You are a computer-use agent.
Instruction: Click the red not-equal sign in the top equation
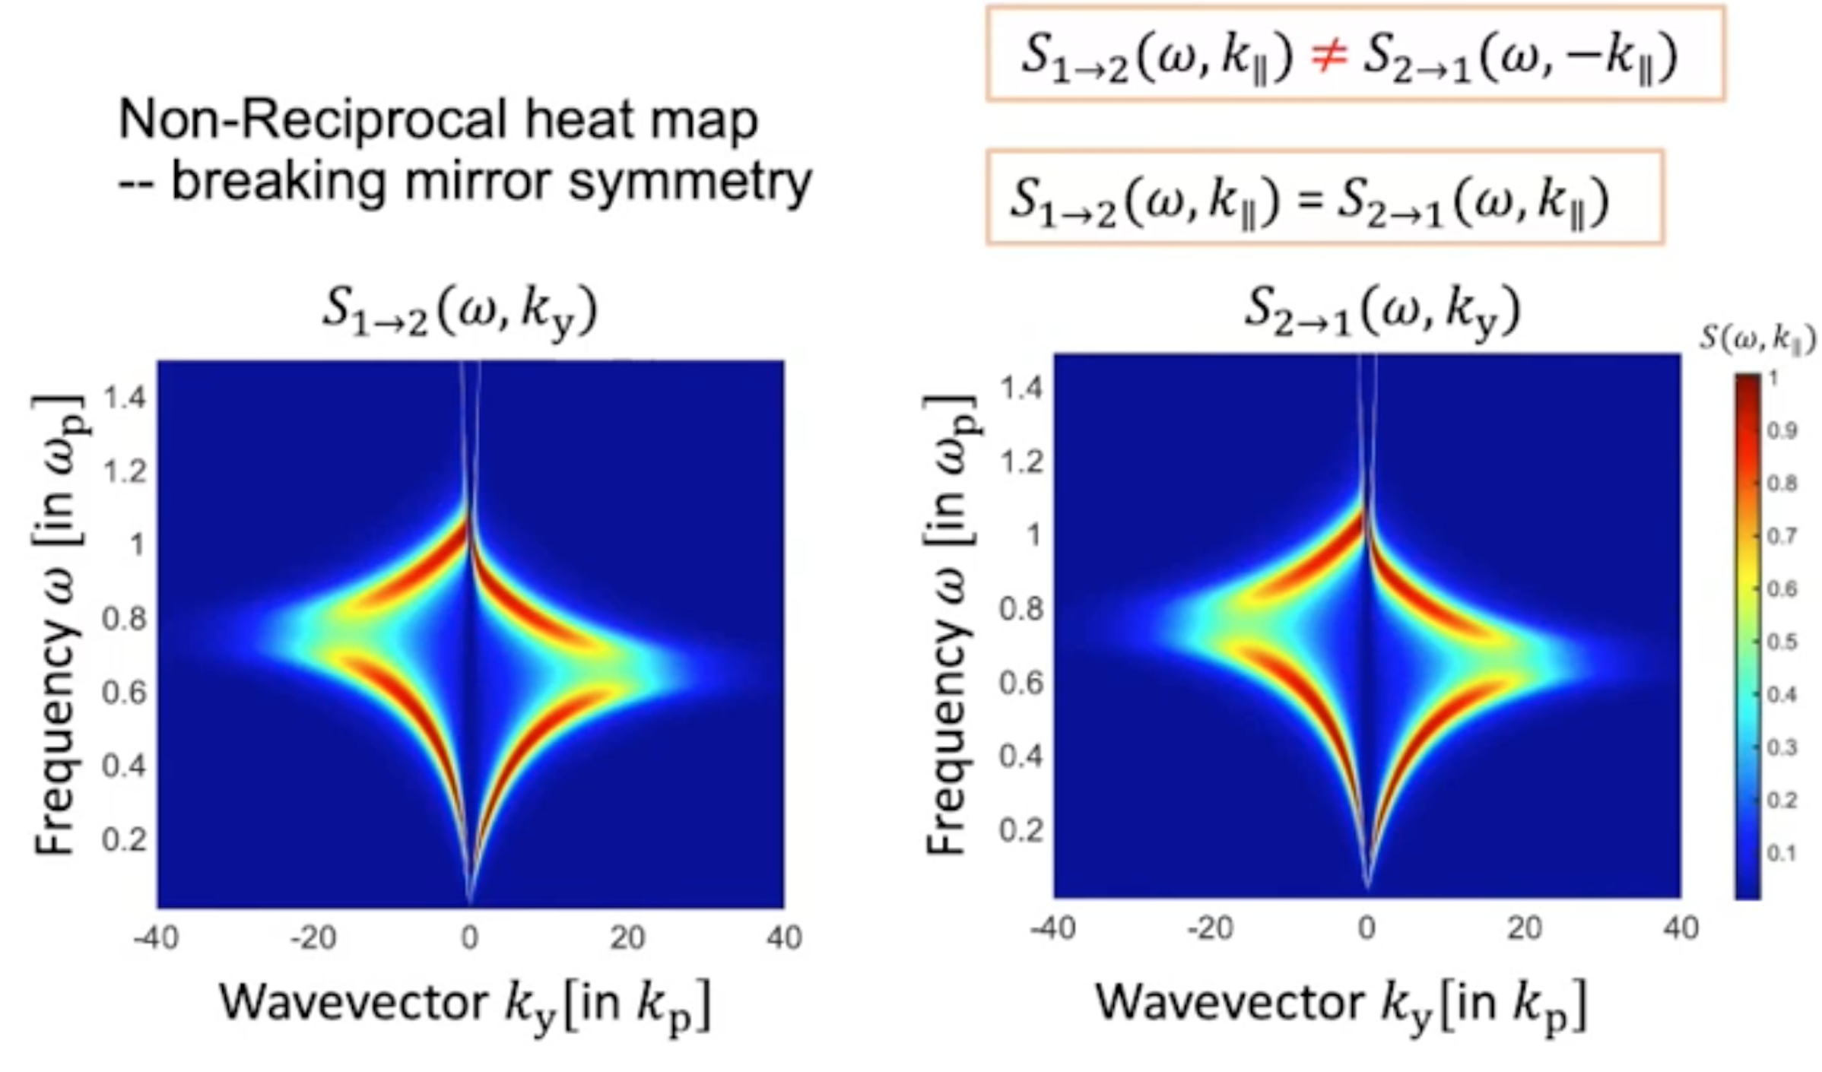[x=1328, y=56]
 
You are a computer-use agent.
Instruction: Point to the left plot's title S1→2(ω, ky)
[x=460, y=312]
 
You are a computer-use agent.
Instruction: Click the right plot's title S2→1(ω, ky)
[x=1382, y=312]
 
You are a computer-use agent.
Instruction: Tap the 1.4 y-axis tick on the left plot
[x=125, y=398]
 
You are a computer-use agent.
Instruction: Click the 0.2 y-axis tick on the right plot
[x=1021, y=829]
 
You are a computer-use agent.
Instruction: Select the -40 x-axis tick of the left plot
[x=156, y=938]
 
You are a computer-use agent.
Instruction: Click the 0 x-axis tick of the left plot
[x=470, y=938]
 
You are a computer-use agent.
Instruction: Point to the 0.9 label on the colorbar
[x=1782, y=431]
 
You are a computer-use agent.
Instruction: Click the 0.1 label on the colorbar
[x=1782, y=854]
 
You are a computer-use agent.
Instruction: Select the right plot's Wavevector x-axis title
[x=1341, y=1004]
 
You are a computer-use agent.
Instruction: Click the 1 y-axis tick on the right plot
[x=1033, y=536]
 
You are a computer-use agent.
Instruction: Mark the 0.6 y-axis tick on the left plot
[x=125, y=693]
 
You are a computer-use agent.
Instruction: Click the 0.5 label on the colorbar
[x=1782, y=642]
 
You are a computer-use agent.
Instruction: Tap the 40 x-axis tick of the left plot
[x=784, y=938]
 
